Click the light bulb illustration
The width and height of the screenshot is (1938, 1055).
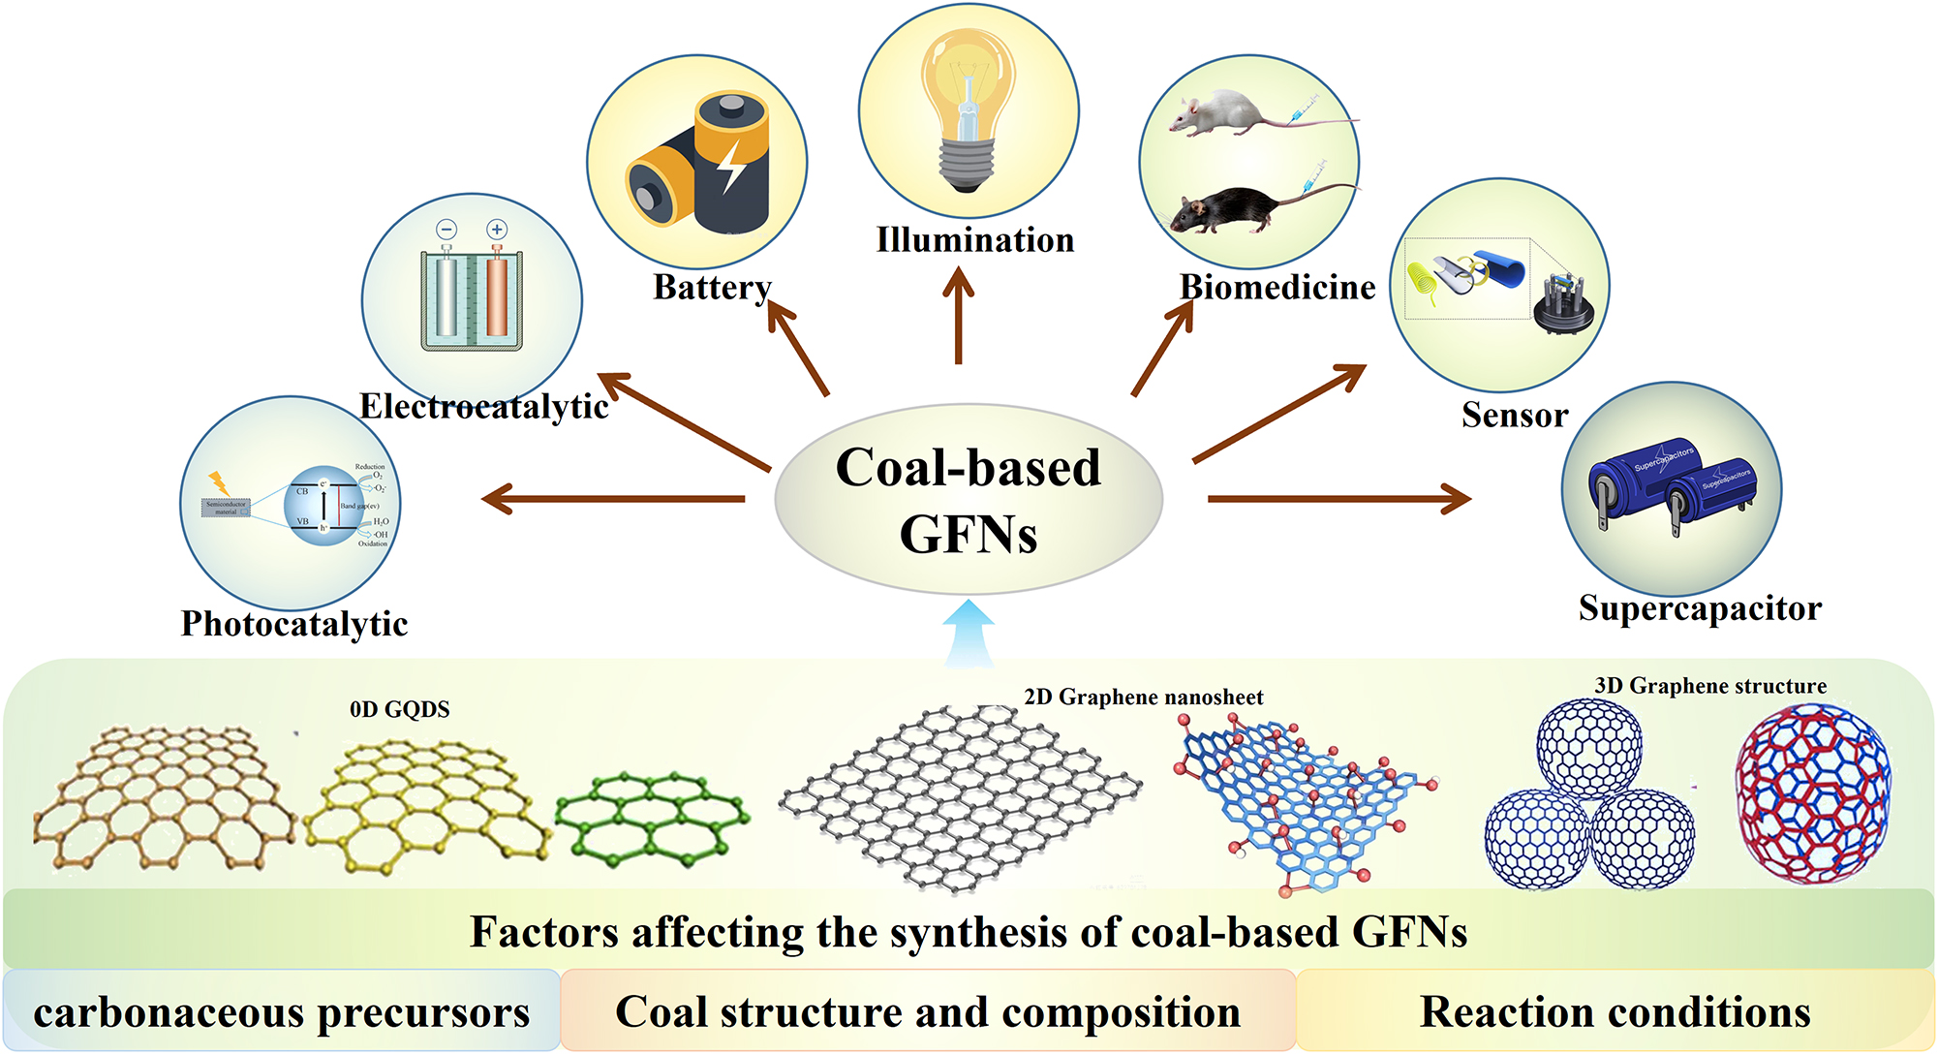(x=968, y=107)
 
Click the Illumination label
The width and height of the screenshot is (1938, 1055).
(x=974, y=240)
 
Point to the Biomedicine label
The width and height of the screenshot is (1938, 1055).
(x=1277, y=288)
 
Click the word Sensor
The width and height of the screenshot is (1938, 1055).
(x=1514, y=416)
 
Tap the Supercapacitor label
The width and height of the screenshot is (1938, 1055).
(x=1700, y=608)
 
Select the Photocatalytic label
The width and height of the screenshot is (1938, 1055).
(x=294, y=624)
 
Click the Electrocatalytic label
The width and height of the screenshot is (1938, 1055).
(x=484, y=407)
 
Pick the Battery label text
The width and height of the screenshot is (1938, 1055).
(x=712, y=288)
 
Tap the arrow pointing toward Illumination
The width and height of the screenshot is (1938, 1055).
(x=959, y=315)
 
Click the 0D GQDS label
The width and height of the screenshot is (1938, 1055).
(x=399, y=710)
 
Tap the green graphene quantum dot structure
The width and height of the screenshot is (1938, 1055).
(x=651, y=817)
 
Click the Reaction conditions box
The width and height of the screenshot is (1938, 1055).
(x=1615, y=1012)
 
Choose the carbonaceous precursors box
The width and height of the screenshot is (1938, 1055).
(x=281, y=1012)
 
